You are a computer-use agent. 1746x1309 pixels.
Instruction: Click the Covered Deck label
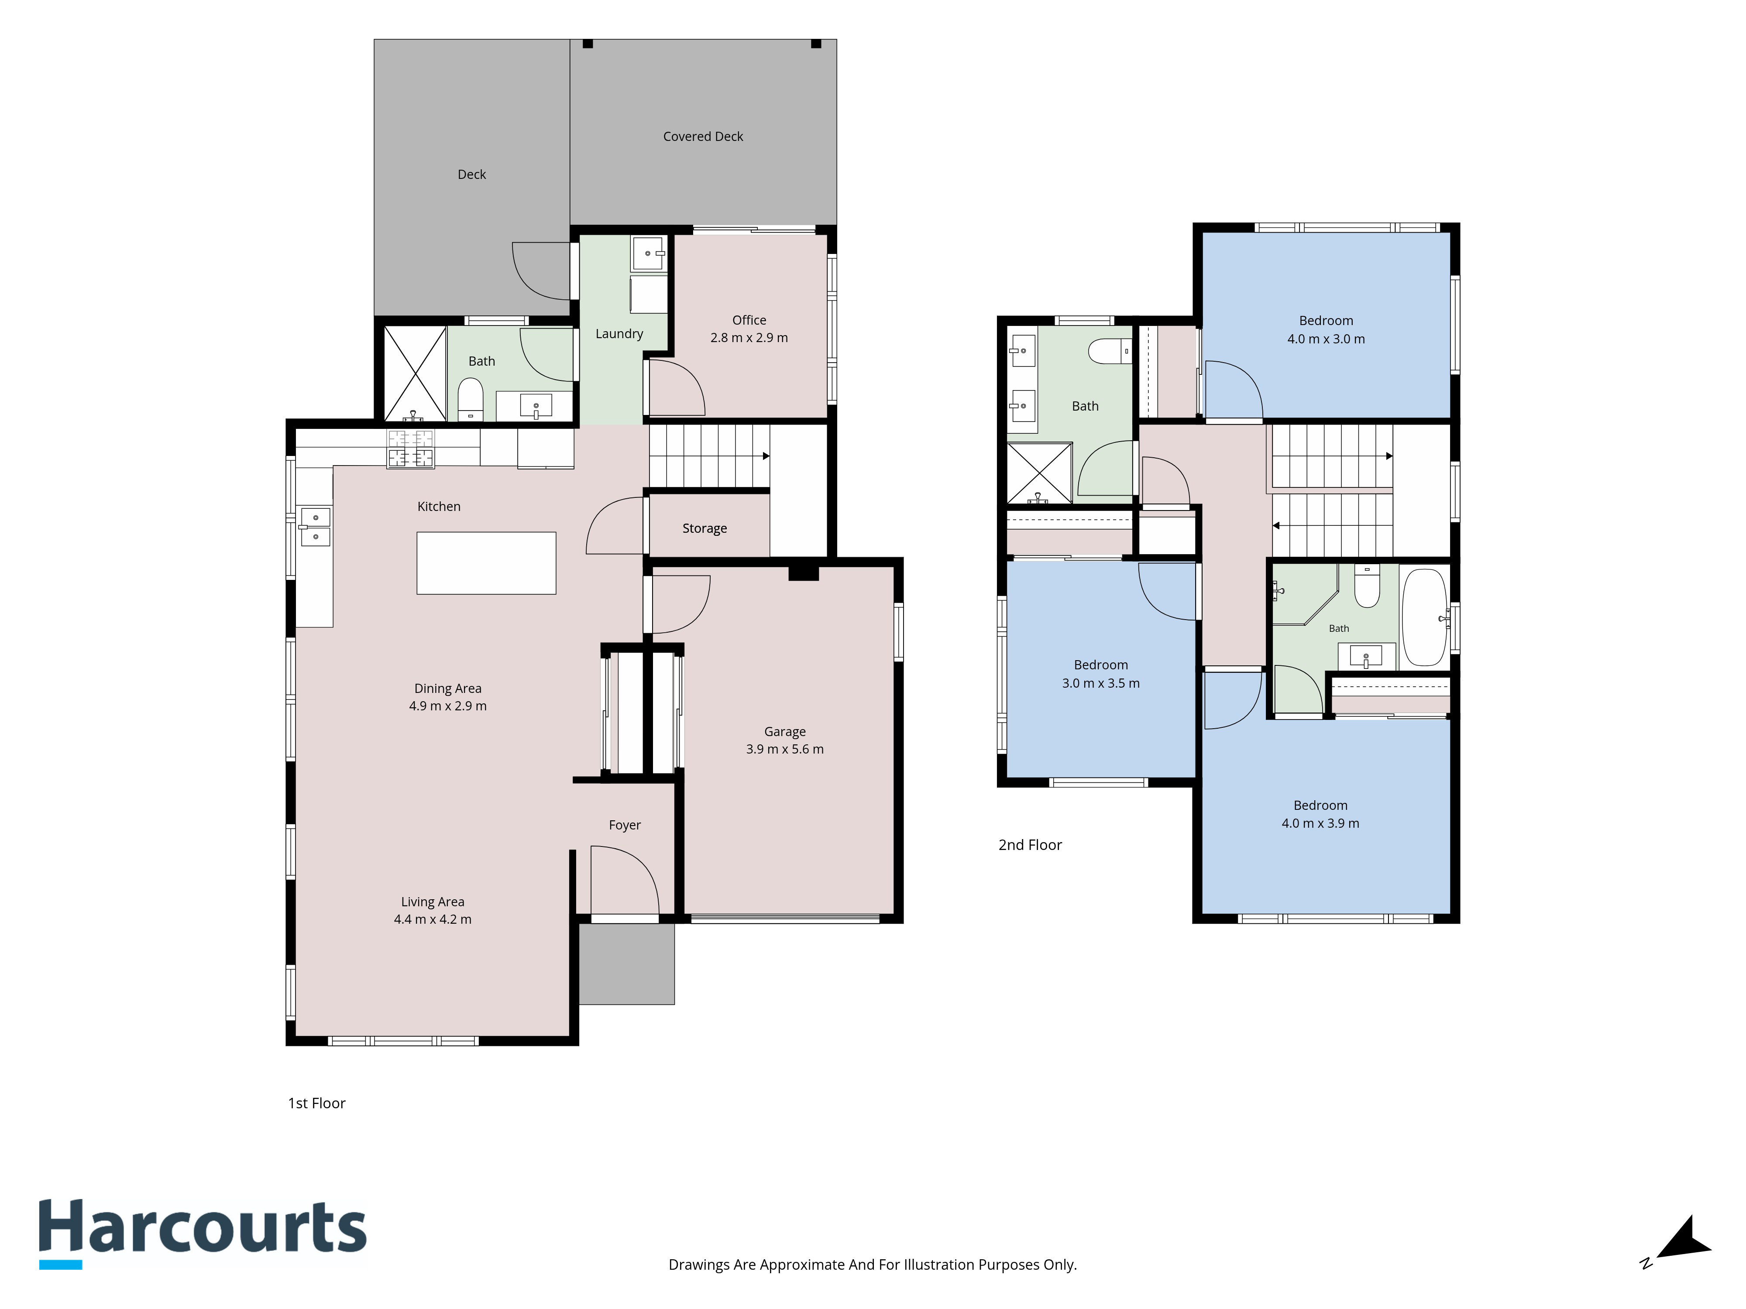[x=702, y=137]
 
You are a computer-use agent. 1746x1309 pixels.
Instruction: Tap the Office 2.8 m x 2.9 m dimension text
[x=749, y=338]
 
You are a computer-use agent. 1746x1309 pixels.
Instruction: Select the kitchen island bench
[x=486, y=562]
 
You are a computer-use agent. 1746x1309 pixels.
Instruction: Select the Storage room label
[x=704, y=529]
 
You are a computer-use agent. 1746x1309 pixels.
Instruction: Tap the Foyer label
[x=624, y=826]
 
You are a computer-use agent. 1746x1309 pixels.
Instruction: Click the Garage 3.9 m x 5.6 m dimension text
[x=784, y=750]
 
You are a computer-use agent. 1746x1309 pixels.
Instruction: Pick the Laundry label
[x=619, y=334]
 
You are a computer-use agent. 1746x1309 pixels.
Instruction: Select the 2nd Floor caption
[x=1030, y=845]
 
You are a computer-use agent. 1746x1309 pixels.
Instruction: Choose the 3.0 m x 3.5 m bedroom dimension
[x=1100, y=683]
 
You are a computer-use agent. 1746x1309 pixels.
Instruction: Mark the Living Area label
[x=433, y=902]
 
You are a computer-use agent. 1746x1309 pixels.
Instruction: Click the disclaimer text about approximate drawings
[x=872, y=1265]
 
